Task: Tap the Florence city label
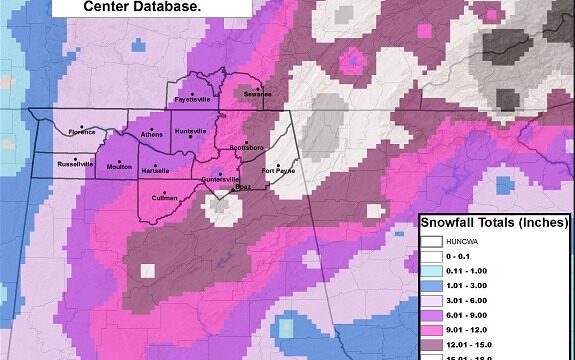click(82, 131)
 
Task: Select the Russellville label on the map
click(75, 164)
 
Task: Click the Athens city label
click(152, 134)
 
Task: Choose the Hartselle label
click(155, 171)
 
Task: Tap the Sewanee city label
click(258, 94)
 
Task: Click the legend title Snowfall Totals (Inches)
click(494, 222)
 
